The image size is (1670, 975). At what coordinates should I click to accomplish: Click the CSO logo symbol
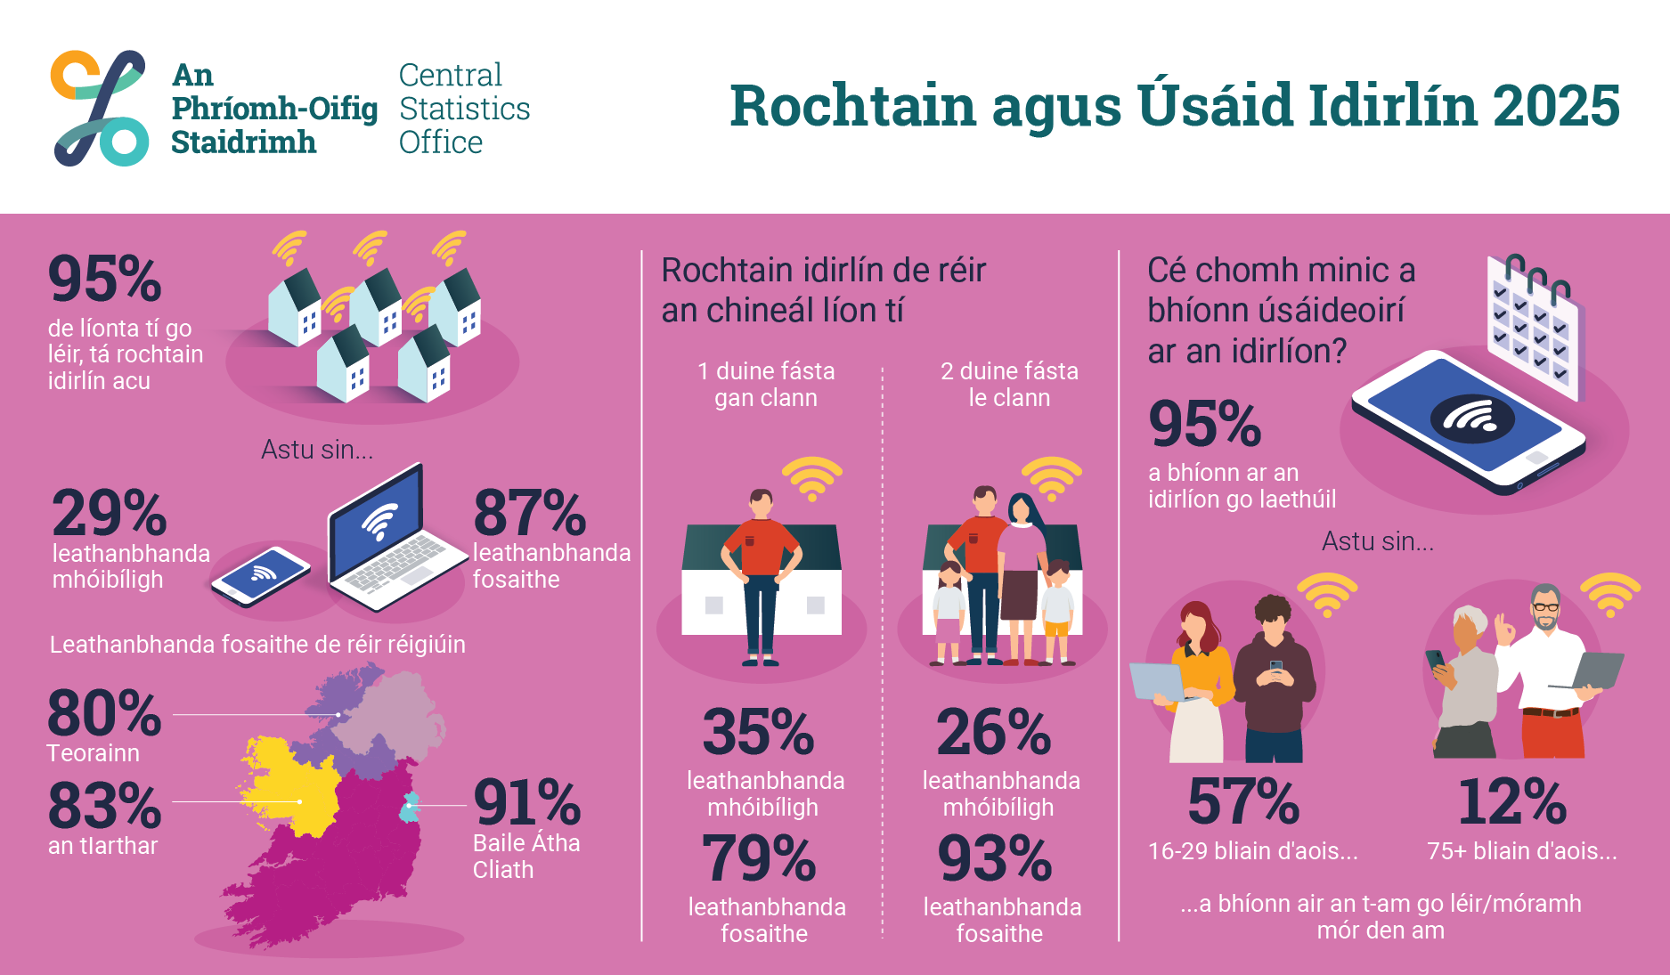coord(99,108)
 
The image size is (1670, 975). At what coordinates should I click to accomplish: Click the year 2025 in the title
coord(1555,106)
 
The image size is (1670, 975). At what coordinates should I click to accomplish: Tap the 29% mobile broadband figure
coord(109,513)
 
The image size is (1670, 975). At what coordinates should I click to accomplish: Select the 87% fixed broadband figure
coord(530,513)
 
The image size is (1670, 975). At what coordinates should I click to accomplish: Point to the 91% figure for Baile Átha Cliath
coord(526,802)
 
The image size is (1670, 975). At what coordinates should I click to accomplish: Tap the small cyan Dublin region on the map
coord(409,807)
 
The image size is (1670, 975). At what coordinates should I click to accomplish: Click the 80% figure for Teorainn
coord(104,714)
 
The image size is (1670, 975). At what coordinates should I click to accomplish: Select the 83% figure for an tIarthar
coord(104,806)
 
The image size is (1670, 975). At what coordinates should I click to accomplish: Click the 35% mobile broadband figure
coord(758,732)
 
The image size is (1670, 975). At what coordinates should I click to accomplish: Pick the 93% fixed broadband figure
coord(995,859)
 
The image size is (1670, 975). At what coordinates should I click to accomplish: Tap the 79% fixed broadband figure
coord(758,859)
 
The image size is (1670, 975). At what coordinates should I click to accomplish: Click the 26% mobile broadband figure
coord(993,732)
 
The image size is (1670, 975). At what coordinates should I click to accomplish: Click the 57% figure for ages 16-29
coord(1243,802)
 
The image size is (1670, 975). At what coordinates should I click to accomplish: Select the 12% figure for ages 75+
coord(1512,802)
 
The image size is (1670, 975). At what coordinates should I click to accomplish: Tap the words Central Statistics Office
coord(463,109)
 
